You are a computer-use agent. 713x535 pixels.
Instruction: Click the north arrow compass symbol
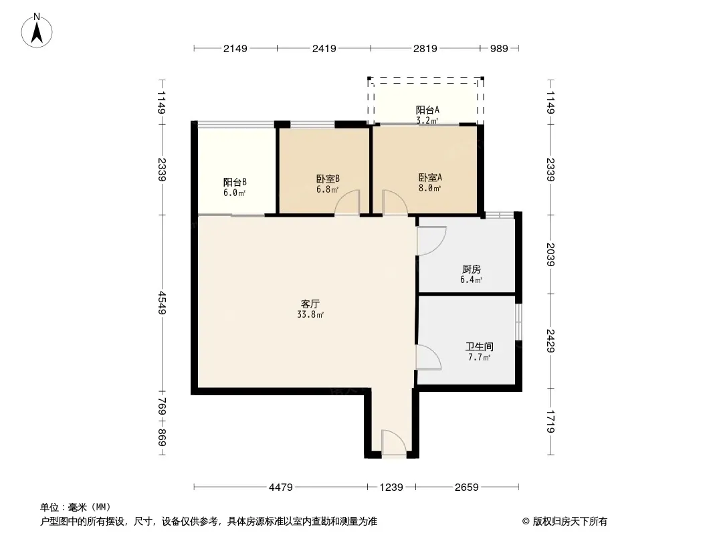point(37,31)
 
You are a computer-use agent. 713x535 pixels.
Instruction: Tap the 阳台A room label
point(427,110)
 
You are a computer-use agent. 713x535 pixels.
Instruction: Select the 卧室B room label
point(328,179)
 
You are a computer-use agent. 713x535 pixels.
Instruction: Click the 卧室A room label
point(430,177)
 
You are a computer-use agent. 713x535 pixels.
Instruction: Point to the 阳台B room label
point(235,183)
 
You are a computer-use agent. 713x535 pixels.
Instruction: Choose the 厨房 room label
point(471,269)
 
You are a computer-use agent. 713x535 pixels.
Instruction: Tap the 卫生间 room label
point(480,347)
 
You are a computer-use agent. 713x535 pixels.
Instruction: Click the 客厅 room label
point(310,304)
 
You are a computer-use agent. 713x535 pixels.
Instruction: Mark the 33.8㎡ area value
point(310,314)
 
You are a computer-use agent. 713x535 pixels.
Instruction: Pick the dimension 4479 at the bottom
point(280,488)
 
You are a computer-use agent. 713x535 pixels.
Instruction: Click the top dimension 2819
point(425,48)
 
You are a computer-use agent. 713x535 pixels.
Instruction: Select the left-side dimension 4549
point(163,303)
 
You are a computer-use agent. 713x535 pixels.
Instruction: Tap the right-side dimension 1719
point(550,421)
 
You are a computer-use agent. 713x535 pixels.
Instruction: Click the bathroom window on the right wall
point(518,322)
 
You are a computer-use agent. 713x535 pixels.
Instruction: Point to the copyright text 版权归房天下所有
point(570,522)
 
